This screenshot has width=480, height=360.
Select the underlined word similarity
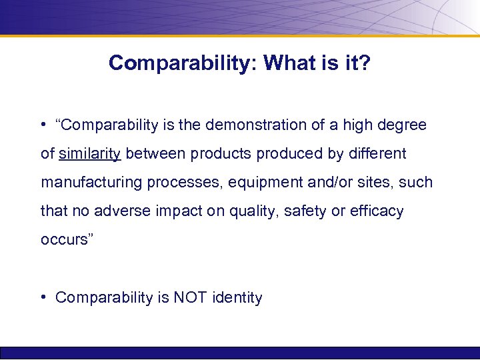tap(90, 154)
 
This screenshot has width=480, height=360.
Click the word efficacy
tap(377, 211)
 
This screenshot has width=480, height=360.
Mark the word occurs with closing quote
tap(64, 240)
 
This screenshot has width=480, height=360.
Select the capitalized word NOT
tap(191, 297)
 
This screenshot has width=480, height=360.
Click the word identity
tap(237, 297)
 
